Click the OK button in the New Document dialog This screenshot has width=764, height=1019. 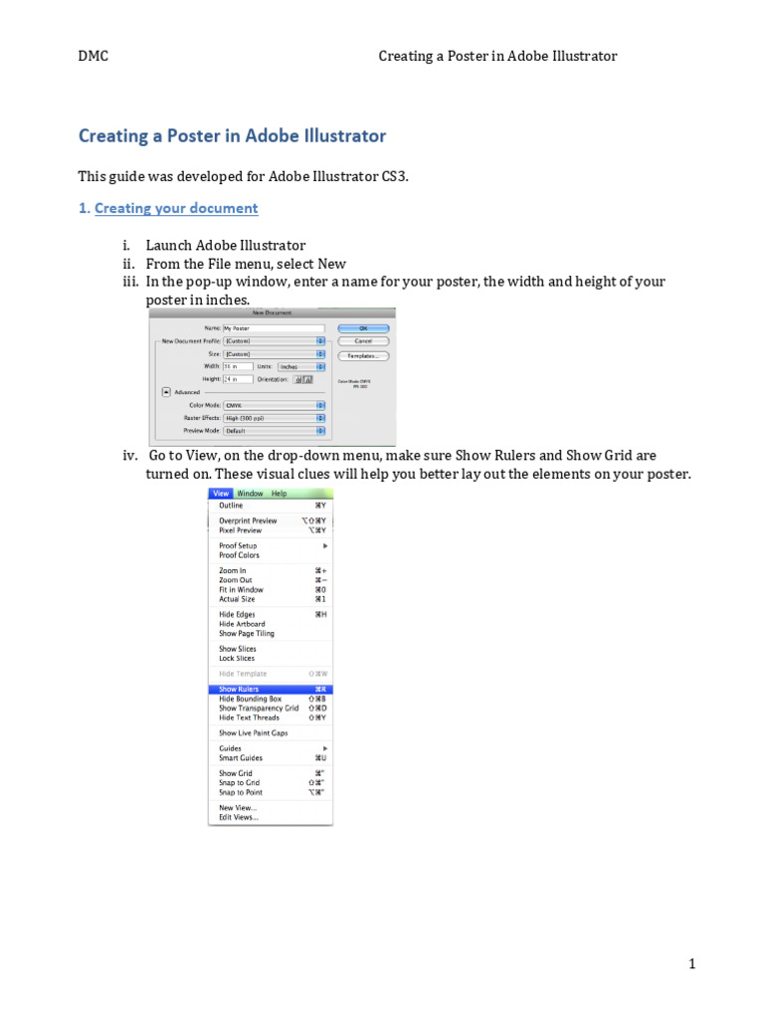pyautogui.click(x=363, y=327)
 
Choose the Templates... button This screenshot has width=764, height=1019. pyautogui.click(x=363, y=354)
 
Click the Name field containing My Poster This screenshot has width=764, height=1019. pyautogui.click(x=274, y=327)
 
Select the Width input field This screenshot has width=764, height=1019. pyautogui.click(x=238, y=366)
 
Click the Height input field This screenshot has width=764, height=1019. pyautogui.click(x=238, y=379)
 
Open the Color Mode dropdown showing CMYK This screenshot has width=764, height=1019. pyautogui.click(x=274, y=405)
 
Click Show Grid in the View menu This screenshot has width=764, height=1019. pyautogui.click(x=236, y=773)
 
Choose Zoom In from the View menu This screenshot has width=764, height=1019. pyautogui.click(x=233, y=571)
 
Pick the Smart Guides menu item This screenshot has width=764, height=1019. pyautogui.click(x=241, y=758)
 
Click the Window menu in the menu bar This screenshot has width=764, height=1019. pyautogui.click(x=250, y=494)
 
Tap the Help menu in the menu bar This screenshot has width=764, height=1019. pyautogui.click(x=279, y=494)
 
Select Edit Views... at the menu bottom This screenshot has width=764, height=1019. pyautogui.click(x=239, y=817)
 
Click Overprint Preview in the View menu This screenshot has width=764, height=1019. pyautogui.click(x=248, y=520)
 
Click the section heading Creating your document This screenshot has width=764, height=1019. pyautogui.click(x=176, y=208)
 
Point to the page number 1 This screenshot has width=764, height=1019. pyautogui.click(x=691, y=964)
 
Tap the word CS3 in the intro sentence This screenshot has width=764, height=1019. pyautogui.click(x=393, y=176)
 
